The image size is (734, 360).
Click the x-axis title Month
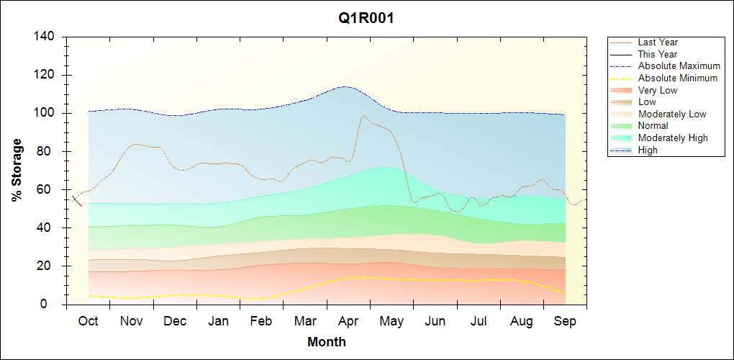(327, 342)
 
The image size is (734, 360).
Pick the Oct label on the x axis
(88, 321)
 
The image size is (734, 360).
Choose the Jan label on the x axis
(218, 321)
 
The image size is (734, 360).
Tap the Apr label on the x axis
(348, 321)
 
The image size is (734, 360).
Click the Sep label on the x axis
(566, 321)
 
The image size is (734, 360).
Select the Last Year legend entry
(657, 42)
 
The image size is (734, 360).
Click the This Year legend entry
(657, 54)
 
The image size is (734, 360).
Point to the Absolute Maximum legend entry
(679, 66)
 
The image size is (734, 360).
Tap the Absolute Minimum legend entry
(677, 78)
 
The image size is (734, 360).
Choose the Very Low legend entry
(657, 90)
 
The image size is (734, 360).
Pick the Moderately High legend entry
(672, 138)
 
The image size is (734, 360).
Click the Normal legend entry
(653, 125)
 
